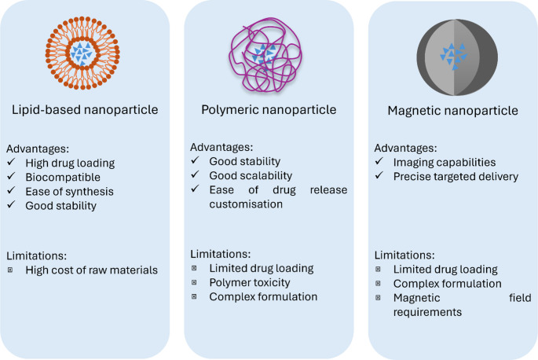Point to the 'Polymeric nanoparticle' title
(x=266, y=110)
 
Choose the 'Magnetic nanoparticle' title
(x=453, y=111)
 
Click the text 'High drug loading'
(x=69, y=163)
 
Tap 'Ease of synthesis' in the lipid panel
(x=68, y=192)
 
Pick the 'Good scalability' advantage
(x=251, y=176)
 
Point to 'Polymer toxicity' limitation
(x=250, y=282)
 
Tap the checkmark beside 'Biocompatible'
(x=12, y=178)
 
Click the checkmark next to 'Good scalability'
(x=196, y=176)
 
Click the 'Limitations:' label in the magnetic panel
(x=404, y=255)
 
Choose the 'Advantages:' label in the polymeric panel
(x=222, y=148)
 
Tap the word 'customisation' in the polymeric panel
(x=246, y=204)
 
